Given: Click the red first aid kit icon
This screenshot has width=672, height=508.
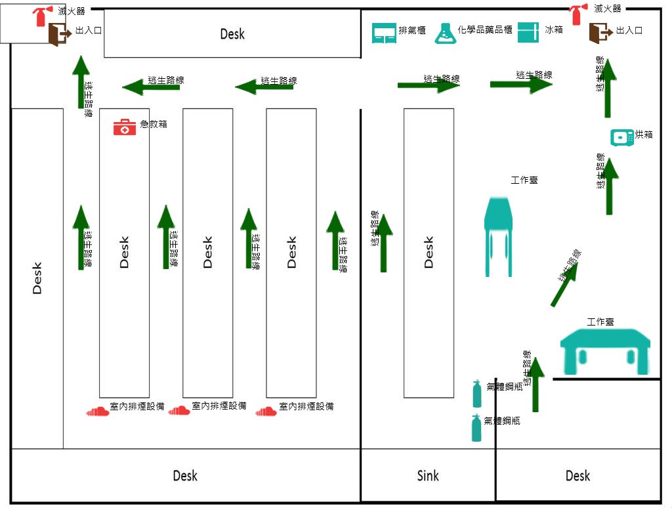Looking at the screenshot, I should coord(125,127).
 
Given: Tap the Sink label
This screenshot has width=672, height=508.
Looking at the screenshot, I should coord(428,475).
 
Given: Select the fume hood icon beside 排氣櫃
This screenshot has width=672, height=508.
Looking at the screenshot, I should coord(384,33).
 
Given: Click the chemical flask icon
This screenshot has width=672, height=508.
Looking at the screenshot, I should coord(445,33).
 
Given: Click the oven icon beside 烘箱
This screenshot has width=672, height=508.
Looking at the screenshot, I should coord(622,137).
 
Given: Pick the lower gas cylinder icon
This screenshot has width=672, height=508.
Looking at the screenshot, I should coord(475,427).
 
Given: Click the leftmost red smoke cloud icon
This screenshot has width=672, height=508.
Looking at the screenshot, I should coord(98,411).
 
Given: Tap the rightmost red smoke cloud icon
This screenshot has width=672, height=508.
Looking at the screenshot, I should coord(266,412).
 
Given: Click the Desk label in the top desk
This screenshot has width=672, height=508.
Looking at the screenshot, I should coord(232,34).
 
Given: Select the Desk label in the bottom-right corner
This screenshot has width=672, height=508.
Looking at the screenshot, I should coord(577,475).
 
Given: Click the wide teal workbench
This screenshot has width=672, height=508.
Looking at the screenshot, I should coord(605,352).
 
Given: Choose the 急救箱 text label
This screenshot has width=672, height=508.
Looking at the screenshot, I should coord(154,124).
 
